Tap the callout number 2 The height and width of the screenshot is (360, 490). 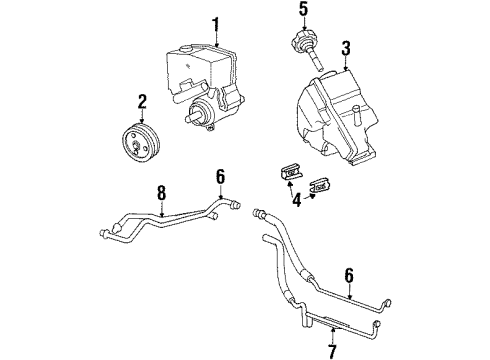143,100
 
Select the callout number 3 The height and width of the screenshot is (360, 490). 345,47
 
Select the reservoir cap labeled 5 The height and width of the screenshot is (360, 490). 300,46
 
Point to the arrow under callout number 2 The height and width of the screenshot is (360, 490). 143,118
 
